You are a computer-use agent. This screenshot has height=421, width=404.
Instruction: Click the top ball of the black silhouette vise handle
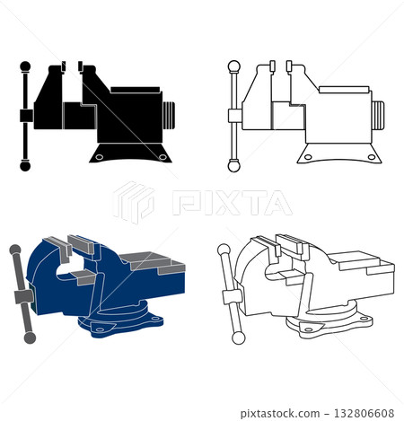pos(24,65)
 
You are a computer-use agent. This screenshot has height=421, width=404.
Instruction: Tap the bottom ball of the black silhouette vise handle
pos(24,165)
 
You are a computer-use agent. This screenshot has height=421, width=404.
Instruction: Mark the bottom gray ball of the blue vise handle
pos(30,338)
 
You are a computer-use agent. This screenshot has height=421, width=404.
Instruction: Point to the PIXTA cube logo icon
pos(133,202)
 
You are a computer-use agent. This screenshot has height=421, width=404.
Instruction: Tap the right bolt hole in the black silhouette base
pos(162,158)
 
